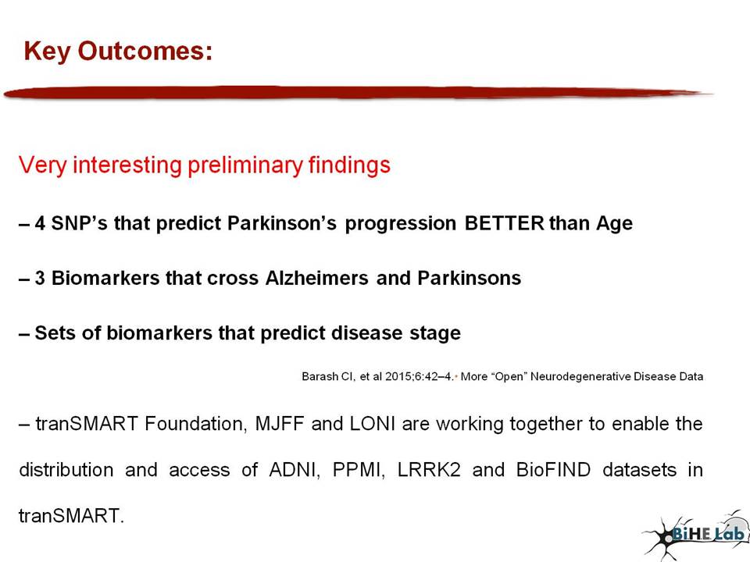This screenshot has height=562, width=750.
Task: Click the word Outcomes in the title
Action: pyautogui.click(x=145, y=51)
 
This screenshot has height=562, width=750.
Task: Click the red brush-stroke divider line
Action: pyautogui.click(x=358, y=93)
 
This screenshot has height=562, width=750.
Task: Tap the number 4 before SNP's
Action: pyautogui.click(x=40, y=223)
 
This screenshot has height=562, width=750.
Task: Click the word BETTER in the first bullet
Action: pyautogui.click(x=504, y=223)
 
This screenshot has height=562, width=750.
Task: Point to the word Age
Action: pyautogui.click(x=614, y=224)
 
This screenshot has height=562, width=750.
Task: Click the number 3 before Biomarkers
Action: pyautogui.click(x=40, y=278)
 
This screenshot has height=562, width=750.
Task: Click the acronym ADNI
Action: pyautogui.click(x=293, y=470)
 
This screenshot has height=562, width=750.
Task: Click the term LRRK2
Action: pyautogui.click(x=429, y=470)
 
